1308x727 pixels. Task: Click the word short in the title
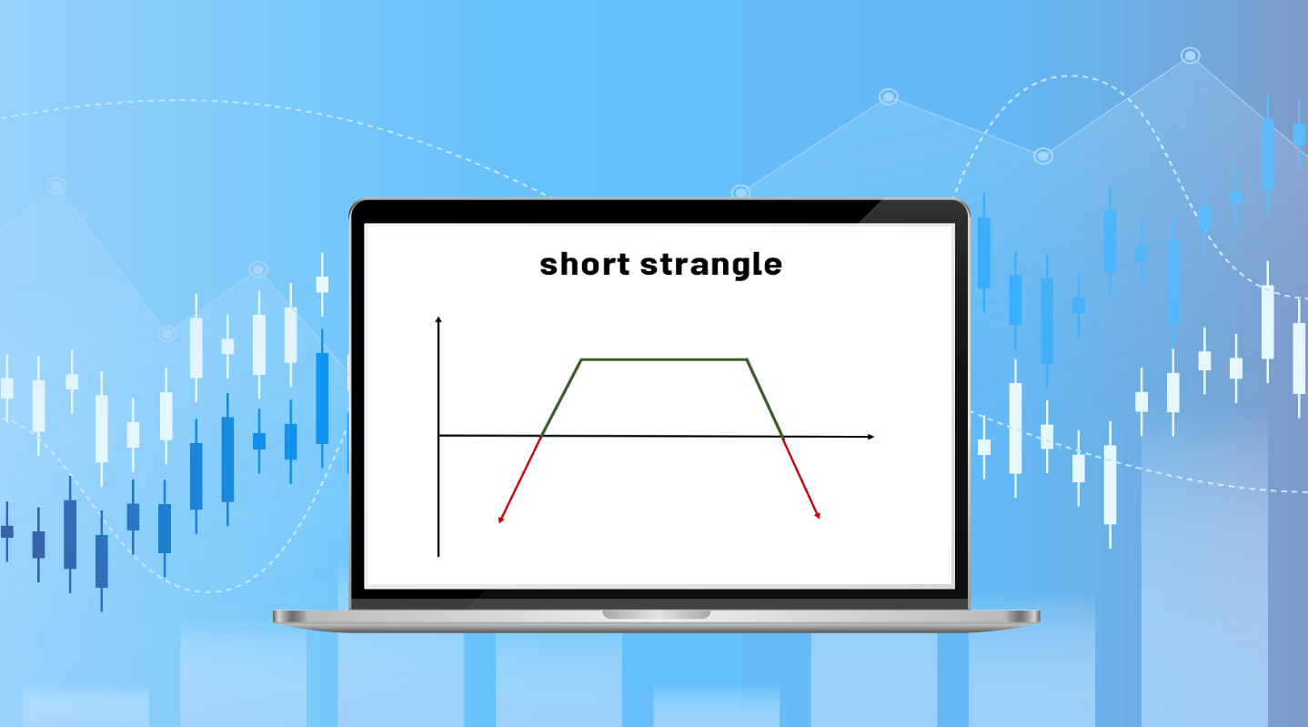click(x=585, y=264)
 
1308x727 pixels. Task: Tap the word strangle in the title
click(x=710, y=265)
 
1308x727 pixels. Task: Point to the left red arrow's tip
click(x=499, y=522)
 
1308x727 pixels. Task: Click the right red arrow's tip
click(x=819, y=518)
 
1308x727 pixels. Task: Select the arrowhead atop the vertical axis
click(x=438, y=319)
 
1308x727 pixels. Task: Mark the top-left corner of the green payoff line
click(x=581, y=359)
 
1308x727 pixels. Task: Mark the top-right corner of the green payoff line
click(x=747, y=359)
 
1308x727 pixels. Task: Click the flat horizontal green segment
click(x=664, y=359)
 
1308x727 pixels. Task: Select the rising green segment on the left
click(x=562, y=397)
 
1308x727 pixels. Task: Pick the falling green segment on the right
click(x=764, y=397)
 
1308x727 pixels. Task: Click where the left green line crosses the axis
click(x=542, y=436)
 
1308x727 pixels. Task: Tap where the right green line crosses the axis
click(x=783, y=437)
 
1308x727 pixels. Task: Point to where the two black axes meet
click(x=438, y=436)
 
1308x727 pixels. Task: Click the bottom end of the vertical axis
click(x=438, y=555)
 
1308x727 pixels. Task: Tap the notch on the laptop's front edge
click(x=656, y=614)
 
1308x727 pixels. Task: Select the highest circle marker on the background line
click(x=1190, y=56)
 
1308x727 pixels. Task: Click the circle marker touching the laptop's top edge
click(x=740, y=193)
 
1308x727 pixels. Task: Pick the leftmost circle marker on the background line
click(x=56, y=186)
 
